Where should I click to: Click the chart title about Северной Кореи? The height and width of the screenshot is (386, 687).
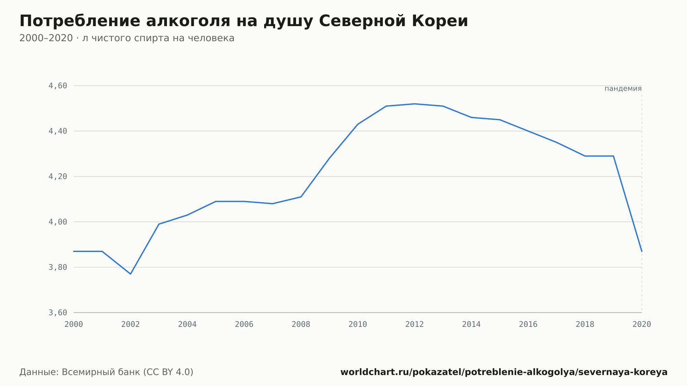pyautogui.click(x=244, y=21)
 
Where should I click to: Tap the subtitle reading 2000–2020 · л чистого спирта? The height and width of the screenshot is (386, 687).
pyautogui.click(x=127, y=38)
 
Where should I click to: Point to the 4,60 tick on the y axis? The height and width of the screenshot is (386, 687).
pyautogui.click(x=58, y=86)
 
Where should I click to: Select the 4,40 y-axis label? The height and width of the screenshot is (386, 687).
pyautogui.click(x=58, y=131)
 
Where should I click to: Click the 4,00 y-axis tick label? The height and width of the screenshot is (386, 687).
pyautogui.click(x=58, y=222)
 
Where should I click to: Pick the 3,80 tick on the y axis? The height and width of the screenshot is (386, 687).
pyautogui.click(x=58, y=267)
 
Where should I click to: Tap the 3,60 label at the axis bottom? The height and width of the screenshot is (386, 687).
pyautogui.click(x=58, y=313)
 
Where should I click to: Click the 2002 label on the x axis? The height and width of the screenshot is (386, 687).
pyautogui.click(x=131, y=325)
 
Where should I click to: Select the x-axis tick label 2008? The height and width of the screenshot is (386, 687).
pyautogui.click(x=301, y=325)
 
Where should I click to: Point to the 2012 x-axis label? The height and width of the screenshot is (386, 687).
pyautogui.click(x=415, y=325)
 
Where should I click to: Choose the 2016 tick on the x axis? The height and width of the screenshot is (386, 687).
pyautogui.click(x=528, y=325)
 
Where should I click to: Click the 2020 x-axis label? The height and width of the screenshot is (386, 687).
pyautogui.click(x=642, y=325)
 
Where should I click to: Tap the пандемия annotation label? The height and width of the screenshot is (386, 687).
pyautogui.click(x=623, y=89)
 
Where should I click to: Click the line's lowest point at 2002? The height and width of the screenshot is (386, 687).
pyautogui.click(x=131, y=274)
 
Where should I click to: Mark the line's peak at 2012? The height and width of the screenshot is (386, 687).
pyautogui.click(x=415, y=104)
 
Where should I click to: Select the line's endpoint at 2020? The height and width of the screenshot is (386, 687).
pyautogui.click(x=642, y=251)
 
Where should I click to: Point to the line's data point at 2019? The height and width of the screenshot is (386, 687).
pyautogui.click(x=613, y=156)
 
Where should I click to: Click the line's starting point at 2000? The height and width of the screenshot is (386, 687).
pyautogui.click(x=74, y=251)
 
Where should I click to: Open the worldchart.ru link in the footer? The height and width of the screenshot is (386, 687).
pyautogui.click(x=504, y=372)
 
